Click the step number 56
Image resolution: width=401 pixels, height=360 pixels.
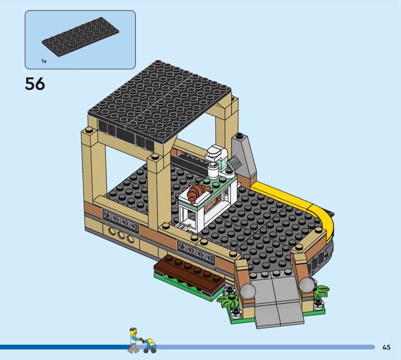[35, 84]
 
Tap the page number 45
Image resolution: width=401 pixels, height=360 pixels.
[386, 347]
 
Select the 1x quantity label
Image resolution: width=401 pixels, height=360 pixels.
[44, 61]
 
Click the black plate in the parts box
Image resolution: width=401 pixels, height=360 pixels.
[81, 37]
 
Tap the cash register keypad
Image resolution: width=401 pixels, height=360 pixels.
[235, 162]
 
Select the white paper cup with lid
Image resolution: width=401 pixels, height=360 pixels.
[212, 170]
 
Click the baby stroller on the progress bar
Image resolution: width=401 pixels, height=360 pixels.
[150, 346]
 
